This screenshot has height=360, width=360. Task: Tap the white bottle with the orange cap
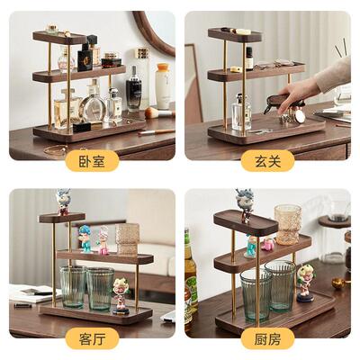(163, 85)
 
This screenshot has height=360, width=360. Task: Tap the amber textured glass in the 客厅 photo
(128, 238)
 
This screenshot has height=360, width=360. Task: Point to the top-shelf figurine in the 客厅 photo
(63, 201)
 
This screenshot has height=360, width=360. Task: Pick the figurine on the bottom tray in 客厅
(121, 293)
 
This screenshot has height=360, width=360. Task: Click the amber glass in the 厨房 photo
(288, 223)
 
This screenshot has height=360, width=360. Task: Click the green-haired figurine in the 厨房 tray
(306, 282)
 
